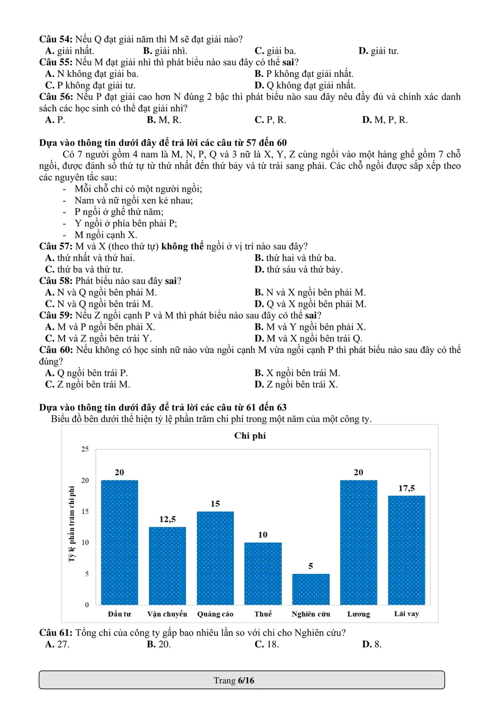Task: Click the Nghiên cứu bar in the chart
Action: point(311,589)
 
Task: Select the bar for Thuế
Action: point(263,573)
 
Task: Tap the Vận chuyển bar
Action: point(167,566)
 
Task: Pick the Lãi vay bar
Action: point(407,550)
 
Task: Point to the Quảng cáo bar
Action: point(215,558)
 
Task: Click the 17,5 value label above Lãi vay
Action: point(407,489)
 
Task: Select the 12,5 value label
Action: point(167,519)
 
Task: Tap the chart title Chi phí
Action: point(250,436)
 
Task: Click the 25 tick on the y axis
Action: point(85,449)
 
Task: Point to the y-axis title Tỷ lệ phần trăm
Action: point(72,524)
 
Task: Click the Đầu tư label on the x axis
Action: point(119,614)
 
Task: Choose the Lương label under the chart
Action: point(358,614)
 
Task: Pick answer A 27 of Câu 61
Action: point(57,644)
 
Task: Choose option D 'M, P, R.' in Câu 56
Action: point(385,120)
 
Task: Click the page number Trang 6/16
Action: point(234,681)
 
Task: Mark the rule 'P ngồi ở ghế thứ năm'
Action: point(119,212)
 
